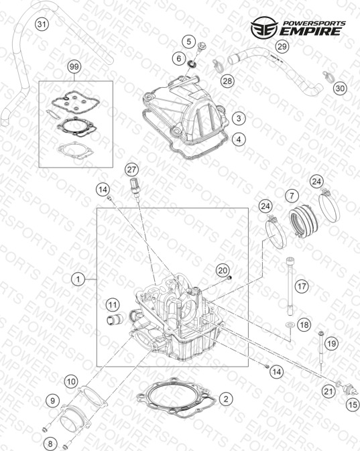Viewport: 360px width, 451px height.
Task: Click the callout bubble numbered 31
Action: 42,24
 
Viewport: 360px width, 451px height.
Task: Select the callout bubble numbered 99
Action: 74,67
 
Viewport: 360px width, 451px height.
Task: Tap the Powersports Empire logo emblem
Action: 264,27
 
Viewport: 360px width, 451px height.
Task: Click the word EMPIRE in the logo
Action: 310,31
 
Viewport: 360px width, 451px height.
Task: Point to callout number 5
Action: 188,42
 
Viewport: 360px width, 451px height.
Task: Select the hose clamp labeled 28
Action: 219,66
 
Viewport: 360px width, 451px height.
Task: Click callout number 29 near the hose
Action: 282,46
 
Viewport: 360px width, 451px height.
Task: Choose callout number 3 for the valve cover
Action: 239,118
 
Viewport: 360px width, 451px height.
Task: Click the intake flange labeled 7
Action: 303,221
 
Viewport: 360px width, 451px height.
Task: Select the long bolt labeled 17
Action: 290,286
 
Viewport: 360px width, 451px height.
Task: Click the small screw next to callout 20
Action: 229,278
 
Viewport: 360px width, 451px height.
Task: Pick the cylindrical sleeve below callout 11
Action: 115,320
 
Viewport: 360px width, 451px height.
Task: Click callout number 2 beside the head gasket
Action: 226,399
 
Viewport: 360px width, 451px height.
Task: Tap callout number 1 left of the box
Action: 78,279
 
